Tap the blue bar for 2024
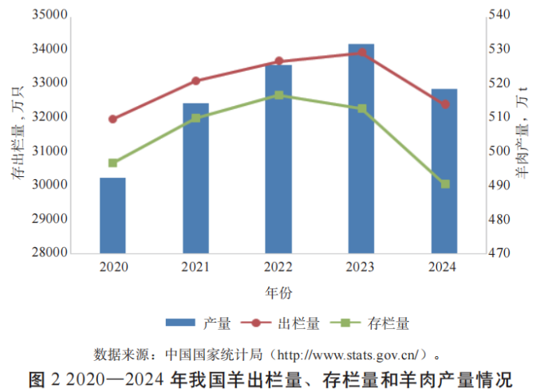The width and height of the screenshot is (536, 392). (444, 171)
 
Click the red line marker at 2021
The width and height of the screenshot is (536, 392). (195, 80)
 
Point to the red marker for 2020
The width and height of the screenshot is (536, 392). (112, 119)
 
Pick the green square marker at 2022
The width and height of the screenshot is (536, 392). (278, 95)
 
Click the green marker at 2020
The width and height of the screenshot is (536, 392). (112, 163)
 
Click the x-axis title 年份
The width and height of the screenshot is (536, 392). (278, 293)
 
